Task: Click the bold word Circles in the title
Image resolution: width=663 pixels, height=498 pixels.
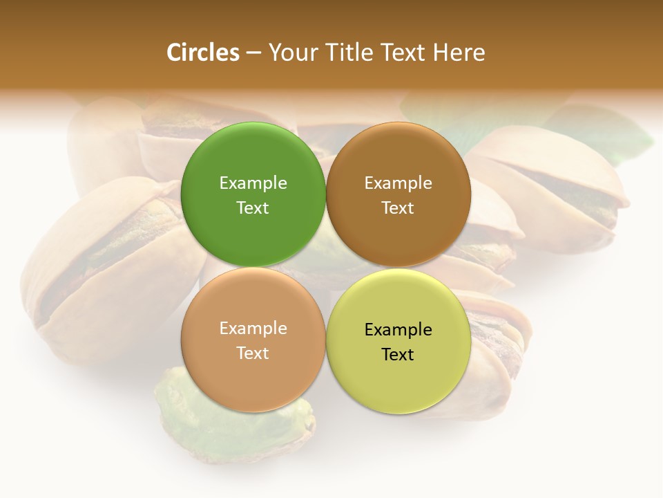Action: point(203,53)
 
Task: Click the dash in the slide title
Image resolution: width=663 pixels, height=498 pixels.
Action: point(253,53)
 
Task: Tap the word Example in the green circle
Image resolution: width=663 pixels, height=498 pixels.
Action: point(253,183)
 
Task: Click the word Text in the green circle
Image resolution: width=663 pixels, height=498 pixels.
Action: point(253,208)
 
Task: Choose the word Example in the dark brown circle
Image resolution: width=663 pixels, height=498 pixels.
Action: point(398,183)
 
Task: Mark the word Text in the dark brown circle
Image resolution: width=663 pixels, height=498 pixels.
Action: point(398,208)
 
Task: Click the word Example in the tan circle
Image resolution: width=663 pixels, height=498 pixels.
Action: point(253,329)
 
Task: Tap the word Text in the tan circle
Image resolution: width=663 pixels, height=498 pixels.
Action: point(253,353)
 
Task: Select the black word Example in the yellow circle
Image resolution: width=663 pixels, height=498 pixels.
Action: point(398,330)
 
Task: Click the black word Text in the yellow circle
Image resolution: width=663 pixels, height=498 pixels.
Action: point(398,355)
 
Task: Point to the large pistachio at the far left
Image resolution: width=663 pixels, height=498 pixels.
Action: point(104,270)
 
